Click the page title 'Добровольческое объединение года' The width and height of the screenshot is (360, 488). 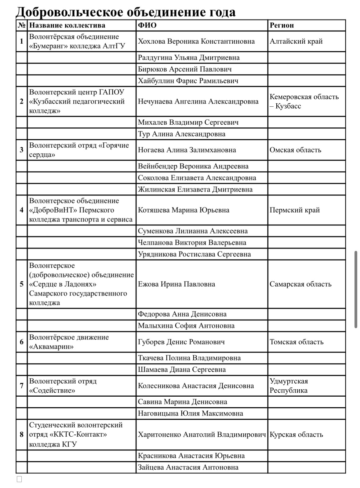(125, 12)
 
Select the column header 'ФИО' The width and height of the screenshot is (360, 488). (147, 25)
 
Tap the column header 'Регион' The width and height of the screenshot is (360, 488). (282, 25)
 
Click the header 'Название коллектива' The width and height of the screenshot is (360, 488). (67, 25)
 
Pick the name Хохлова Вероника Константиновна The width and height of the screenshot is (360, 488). (196, 41)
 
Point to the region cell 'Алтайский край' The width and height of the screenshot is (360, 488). (296, 41)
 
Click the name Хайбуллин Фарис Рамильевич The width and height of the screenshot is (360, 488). (188, 81)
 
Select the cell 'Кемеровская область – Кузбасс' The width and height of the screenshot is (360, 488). (304, 101)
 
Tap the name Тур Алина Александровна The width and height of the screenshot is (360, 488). (181, 134)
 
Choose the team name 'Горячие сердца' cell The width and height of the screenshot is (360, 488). (79, 150)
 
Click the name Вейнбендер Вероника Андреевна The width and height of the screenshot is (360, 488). (193, 166)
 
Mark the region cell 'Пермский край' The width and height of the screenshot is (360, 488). (295, 210)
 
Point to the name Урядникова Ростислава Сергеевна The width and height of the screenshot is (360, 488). (194, 254)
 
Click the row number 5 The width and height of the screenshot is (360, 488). (21, 284)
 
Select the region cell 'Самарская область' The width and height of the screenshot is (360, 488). (300, 284)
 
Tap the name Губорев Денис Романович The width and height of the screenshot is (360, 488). (181, 342)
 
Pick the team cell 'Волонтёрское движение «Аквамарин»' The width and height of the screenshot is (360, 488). (69, 342)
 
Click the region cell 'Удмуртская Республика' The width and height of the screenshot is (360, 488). (289, 386)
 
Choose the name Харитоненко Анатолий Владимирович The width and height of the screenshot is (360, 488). (202, 435)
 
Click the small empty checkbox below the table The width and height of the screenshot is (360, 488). (19, 479)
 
